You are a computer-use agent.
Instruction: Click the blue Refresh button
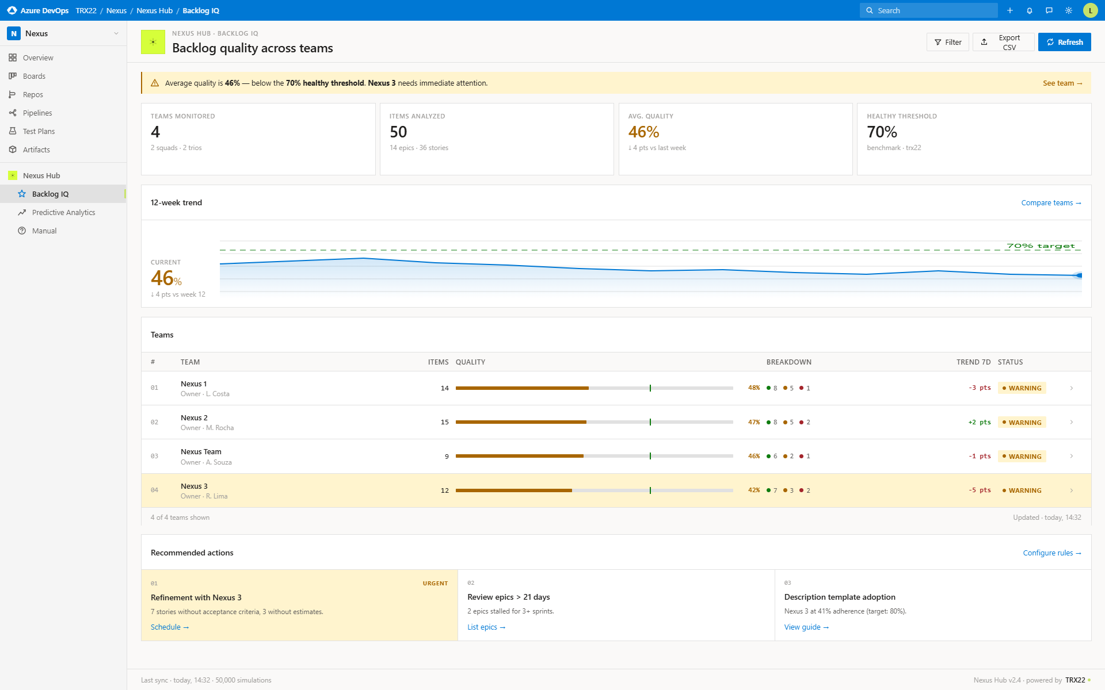coord(1064,42)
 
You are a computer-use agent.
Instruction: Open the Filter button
coord(947,42)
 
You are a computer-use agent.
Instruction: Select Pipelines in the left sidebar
coord(37,113)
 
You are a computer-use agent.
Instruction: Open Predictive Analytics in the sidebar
coord(63,212)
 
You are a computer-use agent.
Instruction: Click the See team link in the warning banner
coord(1062,83)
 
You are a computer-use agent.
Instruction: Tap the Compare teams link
coord(1051,203)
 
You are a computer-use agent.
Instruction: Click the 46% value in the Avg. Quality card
coord(643,132)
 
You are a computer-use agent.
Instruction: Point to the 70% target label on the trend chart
coord(1041,246)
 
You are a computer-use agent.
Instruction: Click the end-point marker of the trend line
coord(1079,275)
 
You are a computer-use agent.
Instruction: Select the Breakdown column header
coord(788,362)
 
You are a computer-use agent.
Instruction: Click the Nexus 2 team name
coord(194,417)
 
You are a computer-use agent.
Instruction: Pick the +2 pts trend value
coord(979,422)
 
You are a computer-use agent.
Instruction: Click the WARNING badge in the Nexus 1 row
coord(1022,388)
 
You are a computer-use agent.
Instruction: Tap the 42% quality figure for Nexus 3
coord(754,490)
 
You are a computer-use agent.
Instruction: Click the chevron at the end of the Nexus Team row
coord(1071,456)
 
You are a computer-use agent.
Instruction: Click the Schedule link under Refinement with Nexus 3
coord(169,627)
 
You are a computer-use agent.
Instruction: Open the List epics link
coord(486,627)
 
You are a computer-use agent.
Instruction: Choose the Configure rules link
coord(1051,553)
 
